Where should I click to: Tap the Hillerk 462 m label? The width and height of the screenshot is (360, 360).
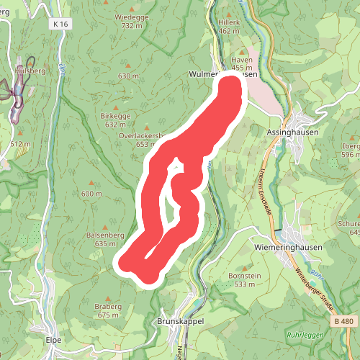click(x=228, y=27)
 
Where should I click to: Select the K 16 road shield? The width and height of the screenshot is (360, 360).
click(x=61, y=24)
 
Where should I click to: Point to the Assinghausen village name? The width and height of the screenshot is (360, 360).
click(x=292, y=133)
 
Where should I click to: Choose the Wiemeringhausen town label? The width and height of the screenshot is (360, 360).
click(x=289, y=246)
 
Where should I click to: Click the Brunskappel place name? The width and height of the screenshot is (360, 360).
click(x=181, y=321)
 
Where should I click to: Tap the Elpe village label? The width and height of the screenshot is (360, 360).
click(x=53, y=340)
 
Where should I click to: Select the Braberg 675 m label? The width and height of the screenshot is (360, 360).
click(x=108, y=310)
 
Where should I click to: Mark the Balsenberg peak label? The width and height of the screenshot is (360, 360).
click(x=106, y=235)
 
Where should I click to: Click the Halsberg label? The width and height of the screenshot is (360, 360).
click(x=31, y=71)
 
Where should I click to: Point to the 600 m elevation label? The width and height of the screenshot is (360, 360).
click(x=91, y=194)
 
